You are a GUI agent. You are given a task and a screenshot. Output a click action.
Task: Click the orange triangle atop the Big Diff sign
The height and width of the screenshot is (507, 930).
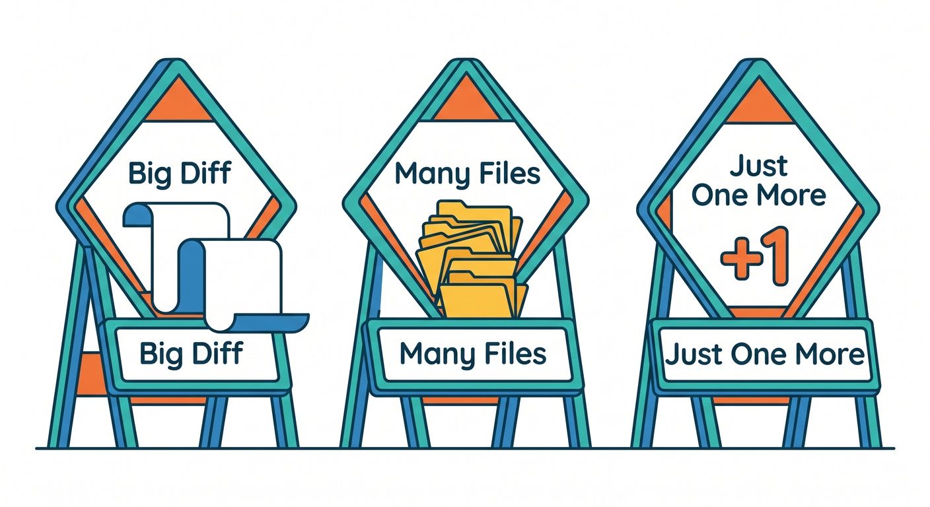tap(178, 102)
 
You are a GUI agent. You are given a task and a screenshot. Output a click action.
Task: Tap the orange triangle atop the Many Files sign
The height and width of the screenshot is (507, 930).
tap(466, 102)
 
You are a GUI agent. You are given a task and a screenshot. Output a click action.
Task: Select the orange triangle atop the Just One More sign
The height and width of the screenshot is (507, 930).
tap(760, 104)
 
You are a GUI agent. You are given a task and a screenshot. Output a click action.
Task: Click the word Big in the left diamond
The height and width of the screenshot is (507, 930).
tap(149, 174)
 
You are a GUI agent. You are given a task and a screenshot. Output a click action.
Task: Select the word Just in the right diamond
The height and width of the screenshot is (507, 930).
tap(759, 167)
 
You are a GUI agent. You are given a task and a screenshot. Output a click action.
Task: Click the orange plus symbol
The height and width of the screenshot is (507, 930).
tap(742, 259)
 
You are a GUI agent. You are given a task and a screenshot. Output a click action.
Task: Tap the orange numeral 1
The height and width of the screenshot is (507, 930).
tap(775, 256)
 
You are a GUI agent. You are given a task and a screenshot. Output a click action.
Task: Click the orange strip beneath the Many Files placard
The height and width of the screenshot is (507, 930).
tap(461, 400)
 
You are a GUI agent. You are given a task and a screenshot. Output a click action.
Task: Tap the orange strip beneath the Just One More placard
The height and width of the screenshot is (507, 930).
tap(752, 400)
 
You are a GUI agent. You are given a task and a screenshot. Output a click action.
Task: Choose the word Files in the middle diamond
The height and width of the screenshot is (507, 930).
tap(510, 174)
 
